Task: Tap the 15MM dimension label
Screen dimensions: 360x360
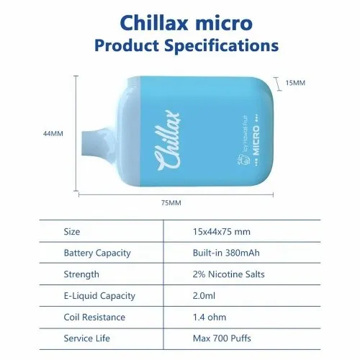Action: [295, 84]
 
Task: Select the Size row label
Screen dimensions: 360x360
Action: [72, 232]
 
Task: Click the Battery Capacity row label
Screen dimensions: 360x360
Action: [99, 253]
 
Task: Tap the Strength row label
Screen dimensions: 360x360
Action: [81, 274]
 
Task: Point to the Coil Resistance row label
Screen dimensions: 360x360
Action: [94, 317]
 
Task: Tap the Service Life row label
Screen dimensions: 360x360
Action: [88, 338]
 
